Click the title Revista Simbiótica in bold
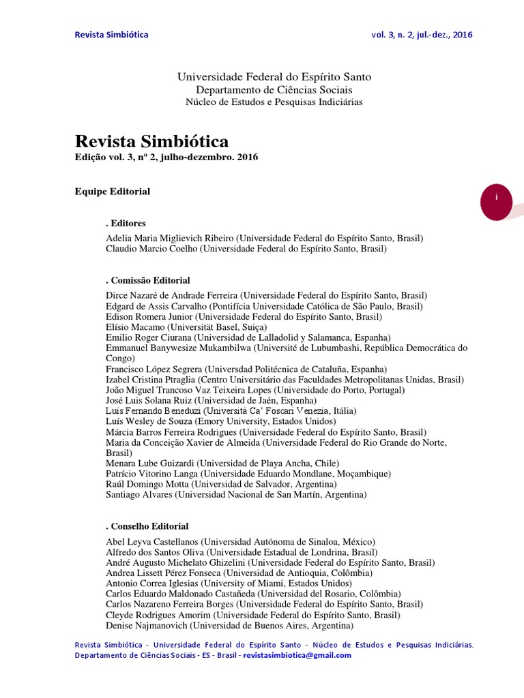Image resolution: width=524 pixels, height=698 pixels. tap(151, 141)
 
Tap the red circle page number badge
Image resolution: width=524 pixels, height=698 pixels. tap(497, 197)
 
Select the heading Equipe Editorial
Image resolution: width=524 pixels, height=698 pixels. tap(112, 192)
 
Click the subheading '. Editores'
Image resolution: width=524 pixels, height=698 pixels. tap(126, 223)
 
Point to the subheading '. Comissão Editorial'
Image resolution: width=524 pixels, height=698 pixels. tap(148, 280)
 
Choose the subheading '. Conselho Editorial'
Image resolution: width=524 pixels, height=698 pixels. tap(147, 526)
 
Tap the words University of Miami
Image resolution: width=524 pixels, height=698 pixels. tap(259, 583)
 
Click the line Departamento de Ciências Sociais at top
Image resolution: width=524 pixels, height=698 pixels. tap(274, 90)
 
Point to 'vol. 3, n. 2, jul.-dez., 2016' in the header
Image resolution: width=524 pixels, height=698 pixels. tap(422, 35)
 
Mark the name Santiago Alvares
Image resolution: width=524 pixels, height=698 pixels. tap(138, 494)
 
